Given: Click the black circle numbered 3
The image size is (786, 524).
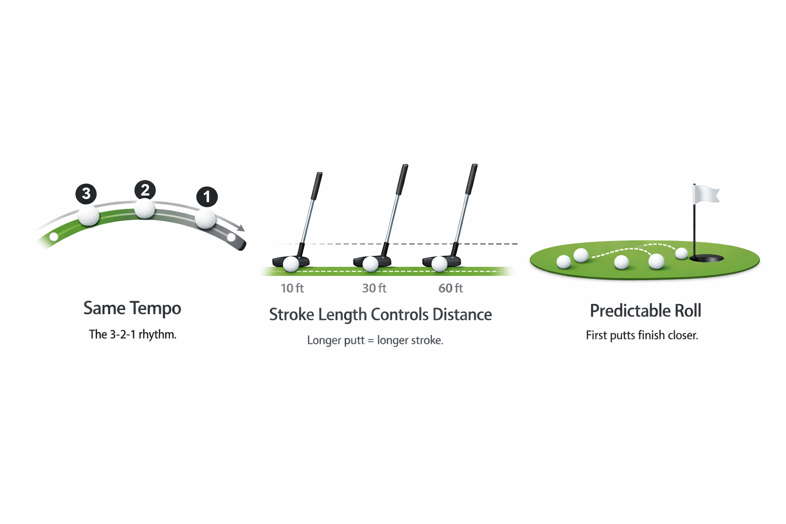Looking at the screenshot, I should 86,193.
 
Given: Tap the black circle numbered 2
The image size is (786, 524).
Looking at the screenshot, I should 145,190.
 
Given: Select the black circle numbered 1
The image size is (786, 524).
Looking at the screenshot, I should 207,196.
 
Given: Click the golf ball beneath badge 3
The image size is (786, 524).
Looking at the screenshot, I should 89,215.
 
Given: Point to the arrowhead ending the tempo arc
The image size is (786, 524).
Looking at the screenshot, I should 241,228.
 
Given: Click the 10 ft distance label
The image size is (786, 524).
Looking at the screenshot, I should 292,289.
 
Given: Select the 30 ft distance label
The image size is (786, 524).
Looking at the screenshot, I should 374,289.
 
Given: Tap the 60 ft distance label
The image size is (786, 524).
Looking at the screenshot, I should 450,289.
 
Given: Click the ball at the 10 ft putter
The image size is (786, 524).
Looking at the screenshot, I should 291,264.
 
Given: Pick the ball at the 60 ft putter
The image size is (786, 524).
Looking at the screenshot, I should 439,264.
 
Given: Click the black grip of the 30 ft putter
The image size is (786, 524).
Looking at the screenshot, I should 402,180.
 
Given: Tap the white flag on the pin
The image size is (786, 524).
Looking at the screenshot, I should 706,194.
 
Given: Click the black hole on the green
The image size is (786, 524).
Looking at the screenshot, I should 707,259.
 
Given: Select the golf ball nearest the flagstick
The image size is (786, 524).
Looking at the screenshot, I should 682,253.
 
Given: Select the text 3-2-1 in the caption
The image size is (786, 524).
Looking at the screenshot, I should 122,335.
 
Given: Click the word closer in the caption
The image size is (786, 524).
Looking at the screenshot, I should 683,336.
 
